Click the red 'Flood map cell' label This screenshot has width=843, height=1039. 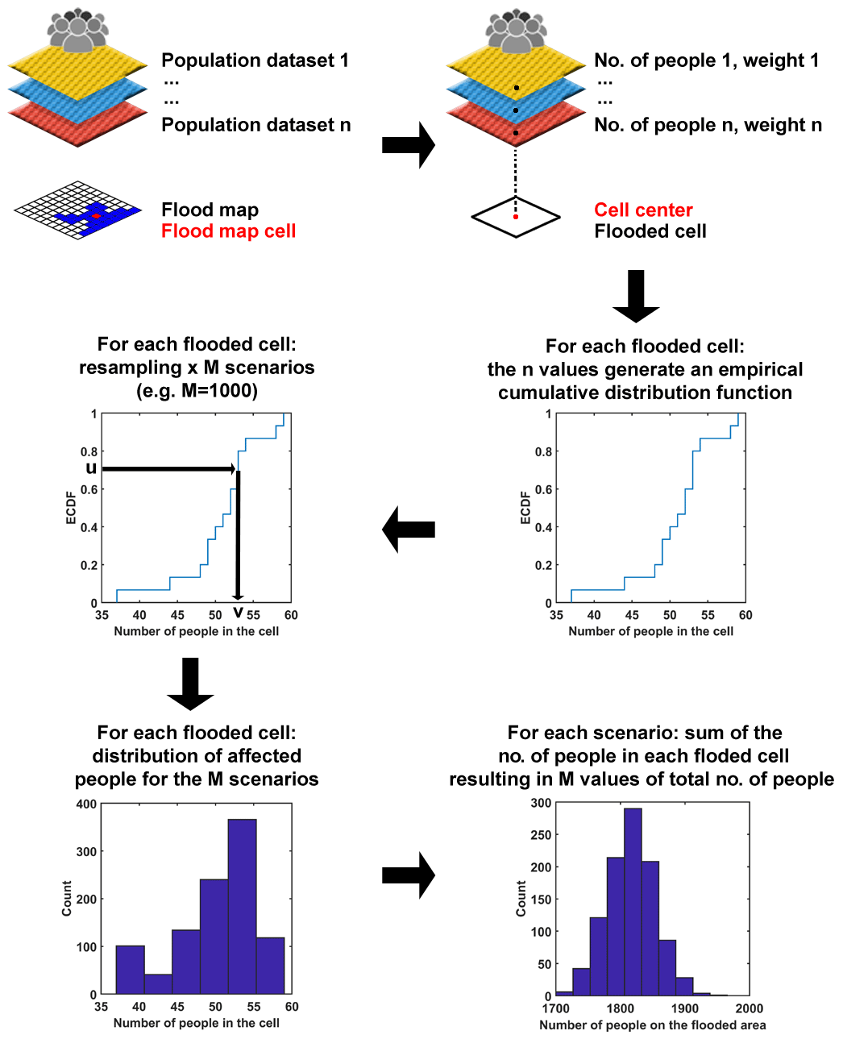point(228,231)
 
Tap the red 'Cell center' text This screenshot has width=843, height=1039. point(643,210)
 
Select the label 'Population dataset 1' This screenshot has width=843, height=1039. point(255,60)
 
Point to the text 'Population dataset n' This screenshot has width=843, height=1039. point(255,125)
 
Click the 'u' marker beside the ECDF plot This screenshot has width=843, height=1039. point(91,468)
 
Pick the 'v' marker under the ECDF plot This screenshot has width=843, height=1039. point(238,613)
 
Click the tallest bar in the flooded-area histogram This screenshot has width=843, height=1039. point(633,901)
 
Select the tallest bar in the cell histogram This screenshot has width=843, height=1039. point(242,906)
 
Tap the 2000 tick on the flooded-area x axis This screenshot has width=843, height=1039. point(749,1008)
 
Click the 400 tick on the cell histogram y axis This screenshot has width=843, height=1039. point(86,804)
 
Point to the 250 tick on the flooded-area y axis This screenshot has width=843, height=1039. point(541,835)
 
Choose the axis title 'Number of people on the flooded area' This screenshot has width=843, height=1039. point(652,1025)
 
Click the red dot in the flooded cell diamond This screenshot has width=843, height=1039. point(516,217)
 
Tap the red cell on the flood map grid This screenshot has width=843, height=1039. point(96,216)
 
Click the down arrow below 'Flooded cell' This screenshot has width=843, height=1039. point(636,295)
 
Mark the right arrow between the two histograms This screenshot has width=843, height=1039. point(408,875)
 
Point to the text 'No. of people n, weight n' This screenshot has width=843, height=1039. point(708,125)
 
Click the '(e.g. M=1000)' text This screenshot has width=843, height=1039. point(197,391)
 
